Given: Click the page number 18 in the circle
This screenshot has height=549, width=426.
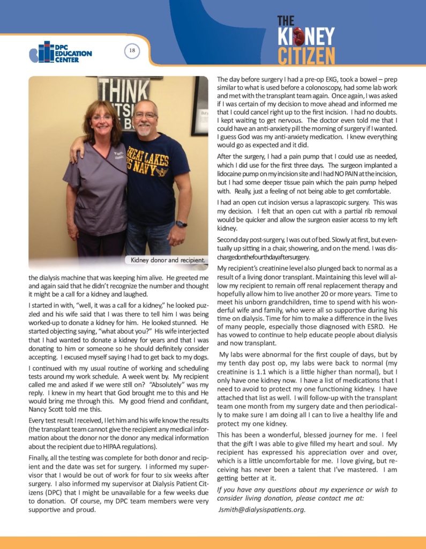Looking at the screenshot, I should click(x=132, y=51).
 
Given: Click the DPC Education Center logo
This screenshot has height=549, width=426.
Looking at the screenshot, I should click(x=61, y=53).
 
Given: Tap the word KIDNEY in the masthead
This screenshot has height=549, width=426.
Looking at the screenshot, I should click(x=306, y=37).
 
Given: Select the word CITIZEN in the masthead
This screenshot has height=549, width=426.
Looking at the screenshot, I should click(x=306, y=55).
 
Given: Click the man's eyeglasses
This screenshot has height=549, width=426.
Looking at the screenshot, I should click(x=146, y=115).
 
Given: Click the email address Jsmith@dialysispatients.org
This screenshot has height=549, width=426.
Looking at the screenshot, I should click(x=261, y=509).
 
